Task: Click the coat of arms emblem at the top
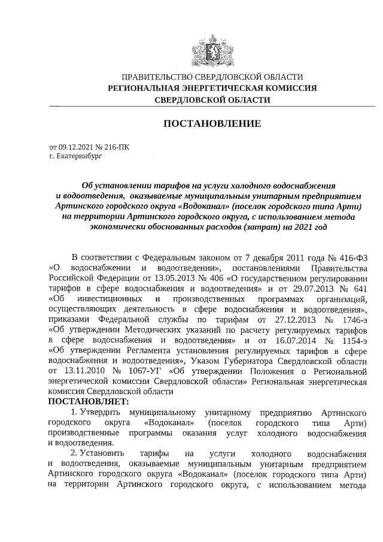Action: [x=211, y=48]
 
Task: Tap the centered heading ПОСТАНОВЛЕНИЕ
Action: [x=212, y=124]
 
